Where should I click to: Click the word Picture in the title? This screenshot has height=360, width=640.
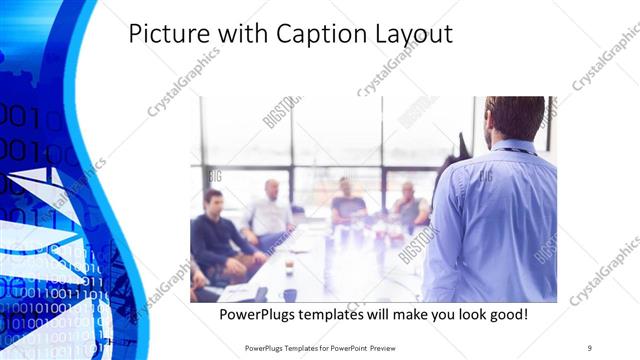[x=167, y=34]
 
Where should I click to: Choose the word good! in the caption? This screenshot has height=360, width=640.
[x=507, y=315]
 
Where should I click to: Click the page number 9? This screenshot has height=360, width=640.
[x=590, y=347]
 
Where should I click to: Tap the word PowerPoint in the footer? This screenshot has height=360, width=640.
[x=347, y=347]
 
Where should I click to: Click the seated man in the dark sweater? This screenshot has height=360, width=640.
[x=217, y=232]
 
